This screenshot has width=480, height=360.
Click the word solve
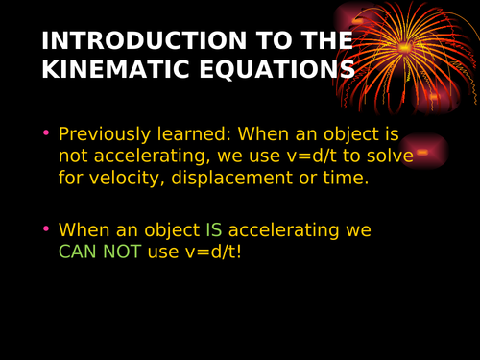pyautogui.click(x=387, y=156)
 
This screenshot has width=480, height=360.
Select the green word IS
pyautogui.click(x=213, y=230)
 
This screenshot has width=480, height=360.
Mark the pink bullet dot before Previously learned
pyautogui.click(x=45, y=133)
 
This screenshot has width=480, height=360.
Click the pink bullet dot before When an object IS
pyautogui.click(x=45, y=229)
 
